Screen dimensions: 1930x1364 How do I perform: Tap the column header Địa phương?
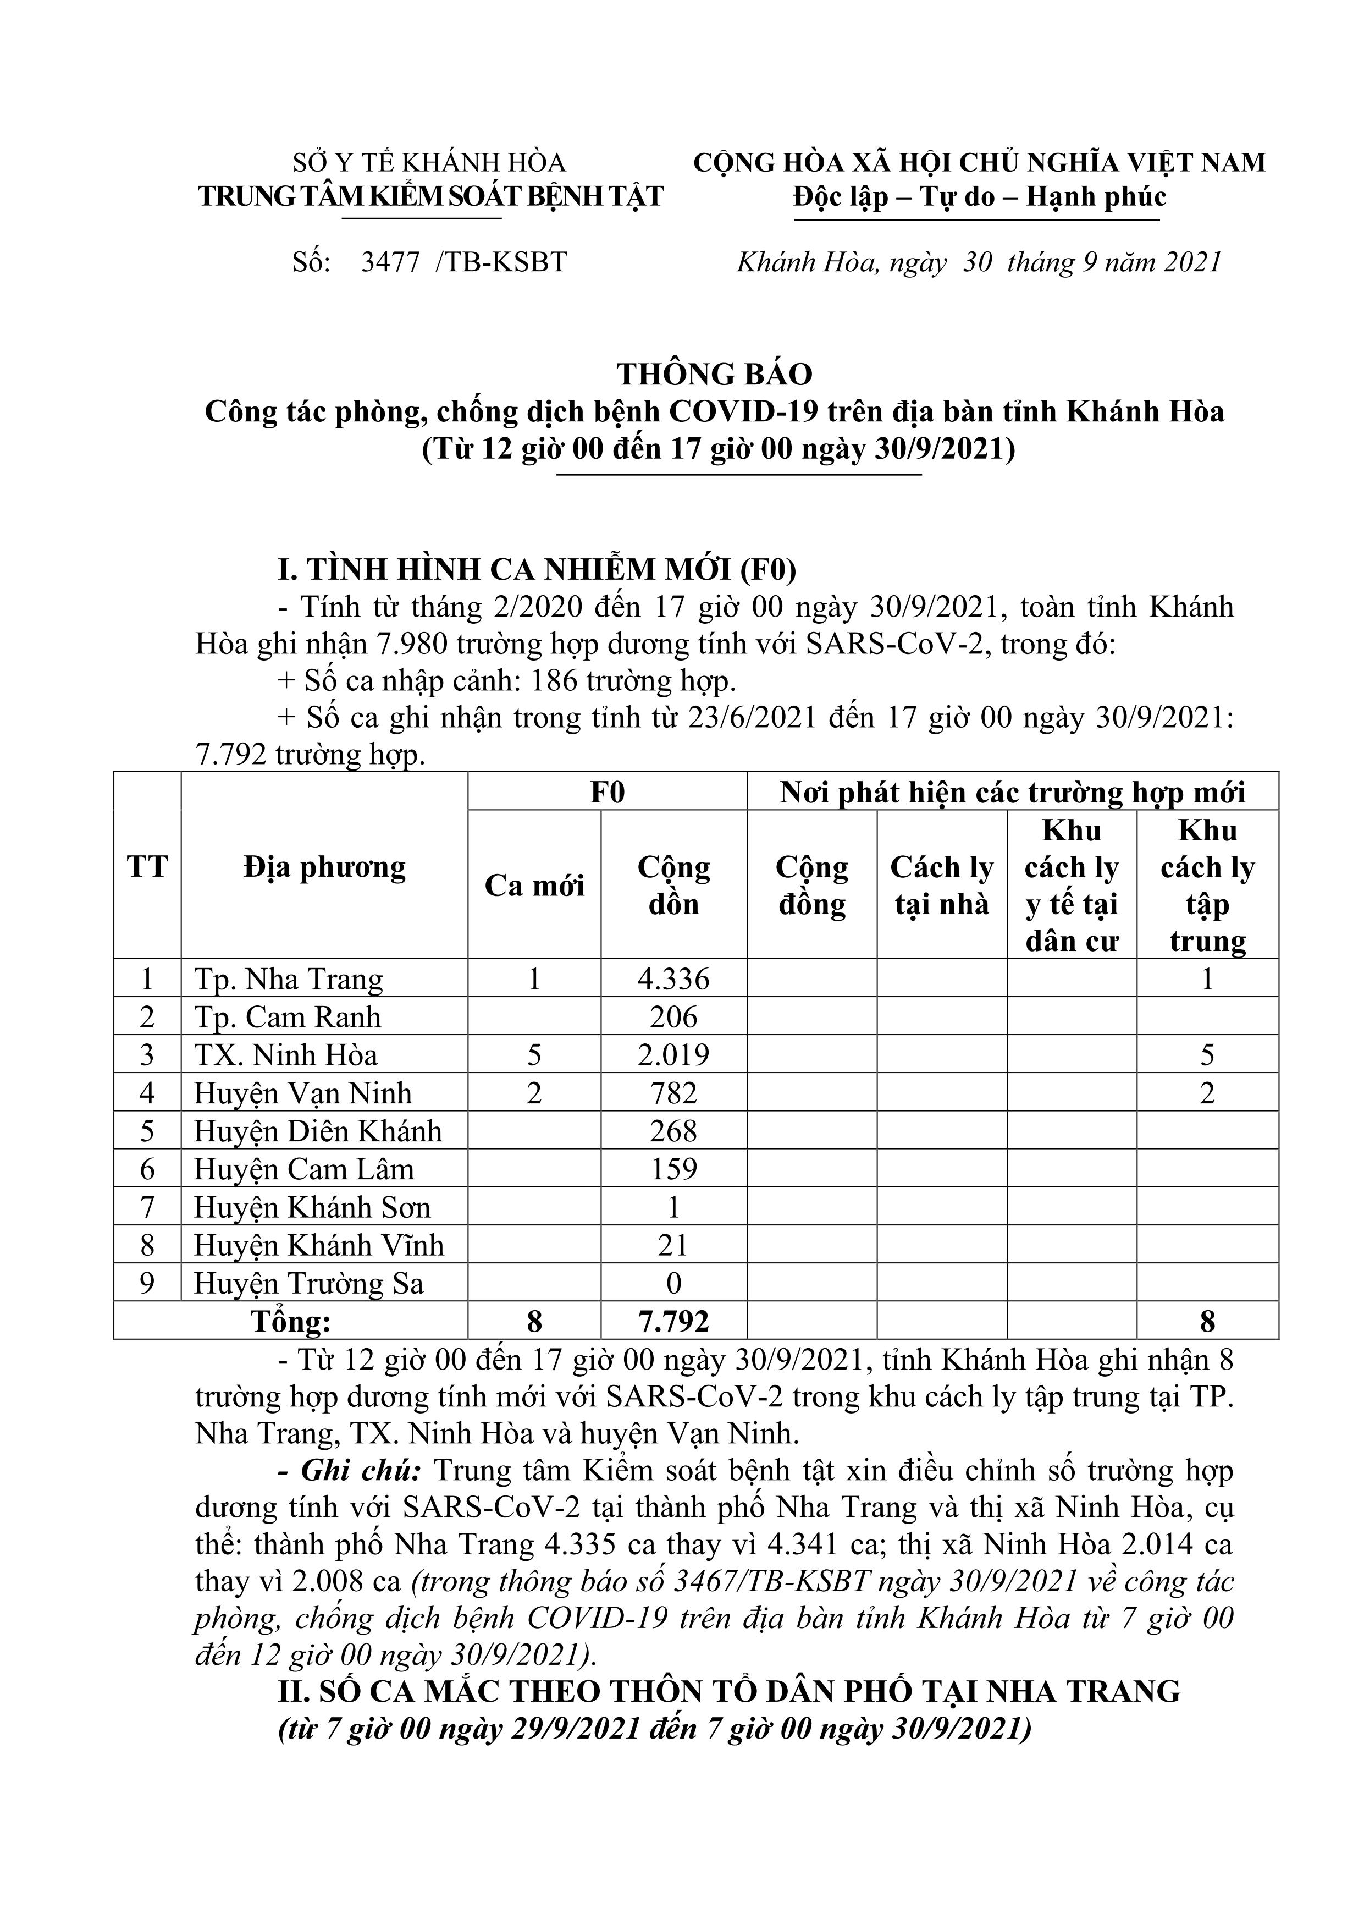[324, 867]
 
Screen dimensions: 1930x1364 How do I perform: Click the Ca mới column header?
[534, 885]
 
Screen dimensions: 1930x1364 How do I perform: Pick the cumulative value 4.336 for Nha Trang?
[674, 979]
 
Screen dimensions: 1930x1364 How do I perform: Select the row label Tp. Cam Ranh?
[288, 1017]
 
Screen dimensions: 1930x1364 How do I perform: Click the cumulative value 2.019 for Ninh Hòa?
[674, 1055]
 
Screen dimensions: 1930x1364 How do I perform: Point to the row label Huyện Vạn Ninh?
[303, 1093]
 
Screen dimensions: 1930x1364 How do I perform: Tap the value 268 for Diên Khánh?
[674, 1131]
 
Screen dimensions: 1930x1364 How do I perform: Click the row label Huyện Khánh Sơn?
[313, 1208]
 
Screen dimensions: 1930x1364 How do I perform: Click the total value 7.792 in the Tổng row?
[674, 1322]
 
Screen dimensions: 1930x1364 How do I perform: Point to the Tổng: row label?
[291, 1322]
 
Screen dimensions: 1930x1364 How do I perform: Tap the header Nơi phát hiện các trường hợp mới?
[1013, 793]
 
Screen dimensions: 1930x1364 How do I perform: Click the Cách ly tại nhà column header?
[942, 885]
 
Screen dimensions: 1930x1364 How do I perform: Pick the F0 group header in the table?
[608, 793]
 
